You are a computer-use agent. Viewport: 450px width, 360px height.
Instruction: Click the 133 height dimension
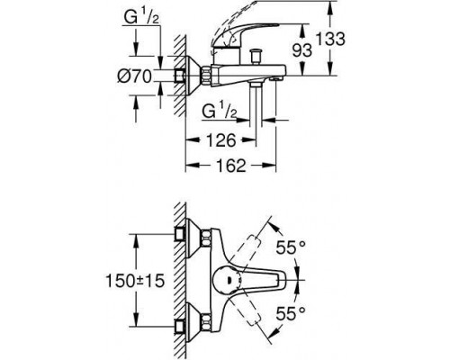coord(331,39)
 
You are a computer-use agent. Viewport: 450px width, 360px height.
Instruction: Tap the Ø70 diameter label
coord(134,76)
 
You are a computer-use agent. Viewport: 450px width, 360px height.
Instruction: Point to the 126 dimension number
coord(220,139)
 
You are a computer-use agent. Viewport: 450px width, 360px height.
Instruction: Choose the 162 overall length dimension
coord(230,166)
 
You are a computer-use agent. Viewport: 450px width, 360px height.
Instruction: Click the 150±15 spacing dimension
coord(135,281)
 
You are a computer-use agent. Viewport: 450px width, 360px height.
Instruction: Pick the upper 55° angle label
coord(291,247)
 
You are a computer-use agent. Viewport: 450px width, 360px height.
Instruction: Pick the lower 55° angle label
coord(291,313)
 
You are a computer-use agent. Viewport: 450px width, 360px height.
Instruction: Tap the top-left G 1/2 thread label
coord(141,17)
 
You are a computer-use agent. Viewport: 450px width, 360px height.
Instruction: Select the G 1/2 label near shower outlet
coord(220,111)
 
